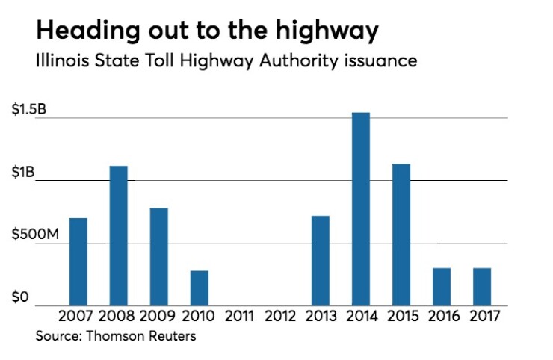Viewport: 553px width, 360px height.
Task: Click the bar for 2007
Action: (78, 261)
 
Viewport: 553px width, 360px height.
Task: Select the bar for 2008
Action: (118, 235)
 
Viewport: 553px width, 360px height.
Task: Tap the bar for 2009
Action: (158, 255)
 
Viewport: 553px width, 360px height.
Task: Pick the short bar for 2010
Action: (199, 287)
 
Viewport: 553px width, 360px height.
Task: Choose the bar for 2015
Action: (401, 234)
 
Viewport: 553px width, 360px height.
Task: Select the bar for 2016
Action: (441, 285)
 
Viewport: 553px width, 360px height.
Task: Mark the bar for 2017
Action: (481, 285)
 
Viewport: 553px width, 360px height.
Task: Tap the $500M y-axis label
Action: (34, 236)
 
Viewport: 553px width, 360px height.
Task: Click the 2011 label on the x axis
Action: (239, 317)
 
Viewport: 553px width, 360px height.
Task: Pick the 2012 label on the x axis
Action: (279, 317)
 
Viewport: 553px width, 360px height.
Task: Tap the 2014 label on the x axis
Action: (360, 317)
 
